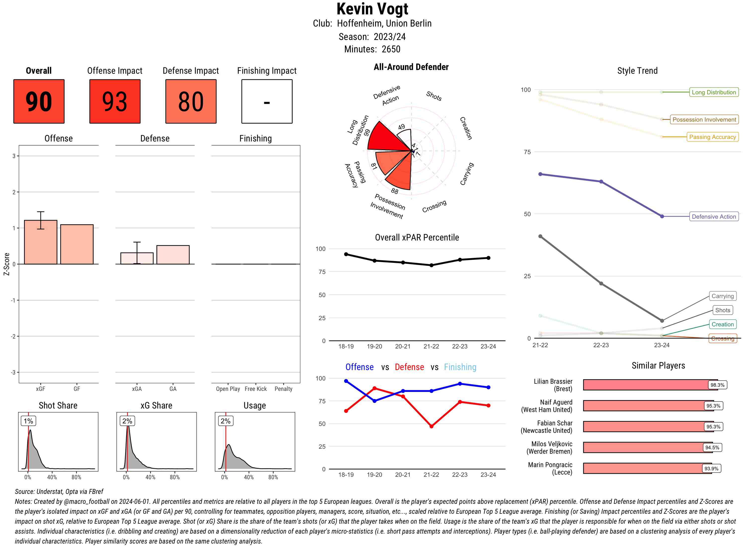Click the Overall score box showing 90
[x=39, y=101]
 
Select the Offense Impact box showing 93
[x=115, y=101]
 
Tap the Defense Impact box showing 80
[x=191, y=101]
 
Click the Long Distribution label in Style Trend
[x=714, y=92]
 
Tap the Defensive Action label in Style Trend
[x=714, y=216]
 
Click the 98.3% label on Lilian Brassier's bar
[x=717, y=385]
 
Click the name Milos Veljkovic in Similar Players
[x=552, y=444]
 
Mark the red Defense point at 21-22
[x=431, y=426]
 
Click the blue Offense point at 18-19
[x=346, y=381]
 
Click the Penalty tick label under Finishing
[x=283, y=389]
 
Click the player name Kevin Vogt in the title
[x=372, y=9]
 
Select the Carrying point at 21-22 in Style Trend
[x=540, y=236]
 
